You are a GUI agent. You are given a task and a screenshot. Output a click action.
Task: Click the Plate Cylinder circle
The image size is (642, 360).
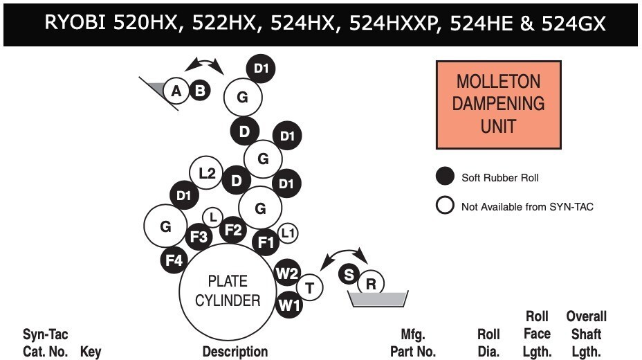[228, 291]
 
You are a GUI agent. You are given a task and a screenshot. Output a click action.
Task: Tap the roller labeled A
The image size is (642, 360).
[176, 91]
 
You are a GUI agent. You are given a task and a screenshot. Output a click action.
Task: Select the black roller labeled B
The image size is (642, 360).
[200, 91]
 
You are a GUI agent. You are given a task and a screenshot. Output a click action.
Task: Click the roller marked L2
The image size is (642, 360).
[206, 173]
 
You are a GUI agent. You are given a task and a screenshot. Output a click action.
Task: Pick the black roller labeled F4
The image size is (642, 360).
[174, 260]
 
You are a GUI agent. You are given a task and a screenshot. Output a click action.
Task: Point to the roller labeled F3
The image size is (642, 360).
[199, 237]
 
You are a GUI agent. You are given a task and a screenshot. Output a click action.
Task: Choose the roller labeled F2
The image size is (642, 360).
[233, 230]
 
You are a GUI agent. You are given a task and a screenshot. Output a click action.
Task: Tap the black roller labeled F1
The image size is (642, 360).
[266, 242]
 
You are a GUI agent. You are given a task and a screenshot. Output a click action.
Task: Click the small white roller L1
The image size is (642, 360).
[288, 233]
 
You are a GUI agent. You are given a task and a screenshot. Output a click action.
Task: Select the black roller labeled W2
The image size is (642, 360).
[287, 273]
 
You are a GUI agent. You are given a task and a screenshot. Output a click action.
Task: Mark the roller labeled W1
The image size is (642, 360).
[289, 305]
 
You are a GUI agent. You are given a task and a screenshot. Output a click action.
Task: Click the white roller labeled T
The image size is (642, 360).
[309, 288]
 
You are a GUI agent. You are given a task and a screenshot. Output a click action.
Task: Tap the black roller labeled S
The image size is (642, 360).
[349, 274]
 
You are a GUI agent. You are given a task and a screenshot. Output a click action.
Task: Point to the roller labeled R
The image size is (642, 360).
[371, 283]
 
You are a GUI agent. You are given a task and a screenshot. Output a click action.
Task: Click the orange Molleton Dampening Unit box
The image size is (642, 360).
[498, 105]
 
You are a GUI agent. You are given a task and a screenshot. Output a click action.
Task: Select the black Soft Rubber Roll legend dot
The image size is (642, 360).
[445, 176]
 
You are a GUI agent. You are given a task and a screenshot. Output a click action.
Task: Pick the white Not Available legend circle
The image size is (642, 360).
[445, 205]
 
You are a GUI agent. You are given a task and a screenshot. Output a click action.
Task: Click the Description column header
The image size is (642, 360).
[235, 352]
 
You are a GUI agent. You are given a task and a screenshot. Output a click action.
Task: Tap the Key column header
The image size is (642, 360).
[91, 352]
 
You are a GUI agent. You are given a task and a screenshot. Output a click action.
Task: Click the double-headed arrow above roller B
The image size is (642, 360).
[204, 61]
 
